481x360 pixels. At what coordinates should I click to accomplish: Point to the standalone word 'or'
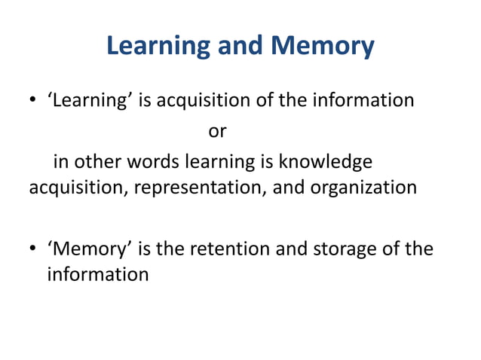(x=217, y=131)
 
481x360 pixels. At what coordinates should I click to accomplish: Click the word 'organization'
(x=363, y=187)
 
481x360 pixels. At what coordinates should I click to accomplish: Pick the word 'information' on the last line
(x=98, y=273)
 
